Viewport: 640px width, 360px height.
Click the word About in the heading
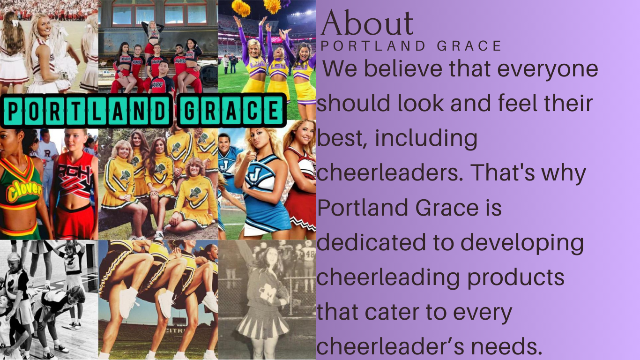pyautogui.click(x=367, y=22)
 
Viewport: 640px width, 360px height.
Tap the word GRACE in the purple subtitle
pyautogui.click(x=469, y=46)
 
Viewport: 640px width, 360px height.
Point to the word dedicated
pyautogui.click(x=371, y=242)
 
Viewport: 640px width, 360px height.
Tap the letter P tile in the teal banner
pyautogui.click(x=13, y=110)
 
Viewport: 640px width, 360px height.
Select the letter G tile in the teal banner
pyautogui.click(x=189, y=110)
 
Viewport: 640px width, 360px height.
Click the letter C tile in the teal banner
pyautogui.click(x=253, y=110)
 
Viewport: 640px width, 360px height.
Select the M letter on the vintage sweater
pyautogui.click(x=268, y=292)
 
